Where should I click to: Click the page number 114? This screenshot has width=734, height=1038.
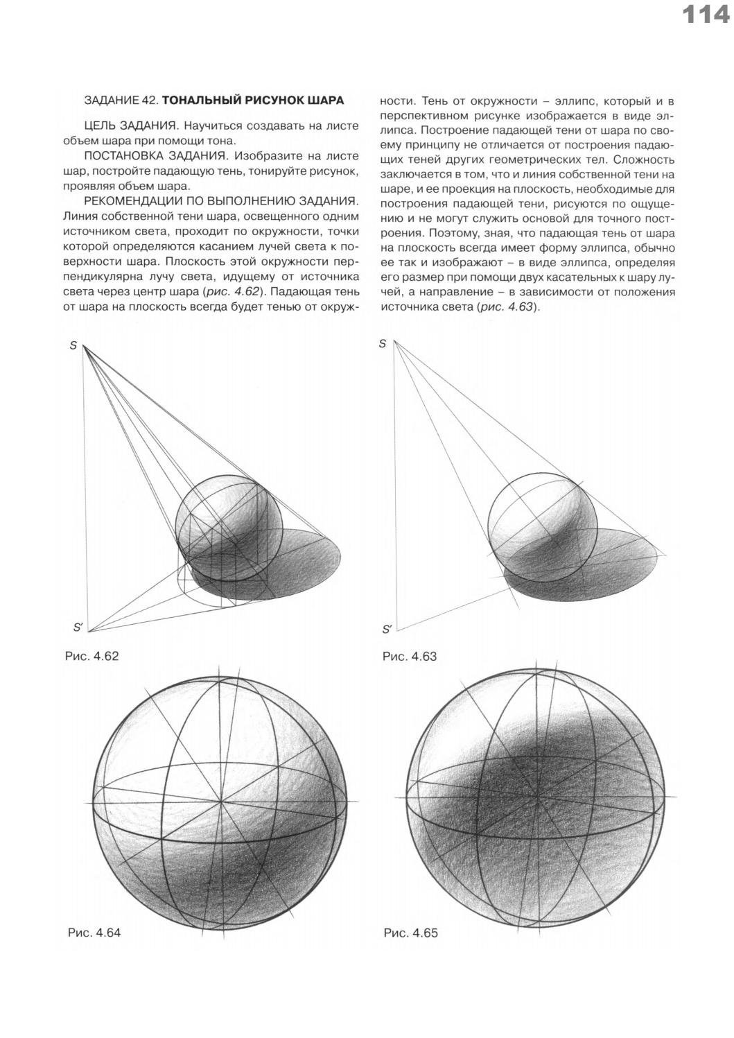[x=706, y=15]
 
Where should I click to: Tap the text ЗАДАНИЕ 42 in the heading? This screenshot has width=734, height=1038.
[x=121, y=100]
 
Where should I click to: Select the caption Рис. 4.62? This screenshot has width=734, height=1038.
[x=91, y=655]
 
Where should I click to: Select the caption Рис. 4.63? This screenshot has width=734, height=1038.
[x=410, y=655]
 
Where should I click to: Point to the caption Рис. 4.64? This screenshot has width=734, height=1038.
[x=94, y=933]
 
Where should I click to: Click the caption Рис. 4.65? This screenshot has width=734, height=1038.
[x=410, y=933]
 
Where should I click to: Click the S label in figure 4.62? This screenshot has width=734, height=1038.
[x=73, y=345]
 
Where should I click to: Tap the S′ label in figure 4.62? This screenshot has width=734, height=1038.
[x=78, y=628]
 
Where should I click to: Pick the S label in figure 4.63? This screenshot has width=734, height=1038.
[x=382, y=344]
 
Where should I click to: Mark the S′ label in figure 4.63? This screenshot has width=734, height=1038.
[x=387, y=630]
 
